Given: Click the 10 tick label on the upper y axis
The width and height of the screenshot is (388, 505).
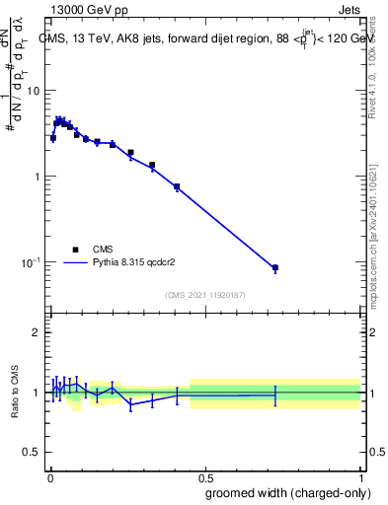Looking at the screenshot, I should (33, 91).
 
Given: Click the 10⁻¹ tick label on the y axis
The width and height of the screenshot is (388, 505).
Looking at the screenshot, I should (31, 262).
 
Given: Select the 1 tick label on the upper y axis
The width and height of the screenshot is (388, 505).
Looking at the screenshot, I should (37, 177).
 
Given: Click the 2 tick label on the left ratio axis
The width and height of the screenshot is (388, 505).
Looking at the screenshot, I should (37, 333).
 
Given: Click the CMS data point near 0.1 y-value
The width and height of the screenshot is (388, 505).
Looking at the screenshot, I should (275, 267).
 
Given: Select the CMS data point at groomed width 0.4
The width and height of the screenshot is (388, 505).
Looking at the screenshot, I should (177, 186).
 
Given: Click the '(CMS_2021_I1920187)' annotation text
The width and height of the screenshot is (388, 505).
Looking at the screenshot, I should (204, 294).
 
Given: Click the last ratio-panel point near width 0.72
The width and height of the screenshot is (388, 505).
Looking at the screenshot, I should (275, 395).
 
